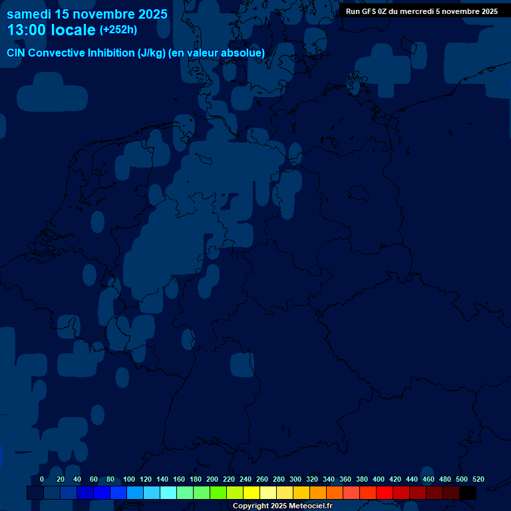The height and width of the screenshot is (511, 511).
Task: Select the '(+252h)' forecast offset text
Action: tap(118, 30)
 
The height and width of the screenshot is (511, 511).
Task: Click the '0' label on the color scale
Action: tap(42, 479)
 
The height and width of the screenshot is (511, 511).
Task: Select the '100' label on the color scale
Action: tap(128, 479)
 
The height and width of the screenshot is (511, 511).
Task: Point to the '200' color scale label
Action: tap(212, 479)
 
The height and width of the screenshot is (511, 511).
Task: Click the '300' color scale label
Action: tap(295, 479)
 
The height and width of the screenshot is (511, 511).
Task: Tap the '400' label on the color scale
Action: tap(379, 479)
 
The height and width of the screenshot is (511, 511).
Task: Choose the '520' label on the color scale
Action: tap(478, 479)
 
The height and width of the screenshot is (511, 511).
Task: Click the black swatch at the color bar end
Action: tap(468, 492)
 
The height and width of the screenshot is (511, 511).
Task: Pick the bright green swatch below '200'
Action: tap(218, 492)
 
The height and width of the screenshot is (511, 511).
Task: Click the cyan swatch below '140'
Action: tap(168, 492)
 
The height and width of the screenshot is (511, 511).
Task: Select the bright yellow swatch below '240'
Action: tap(252, 492)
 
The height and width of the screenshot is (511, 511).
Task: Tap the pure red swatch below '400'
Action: tap(385, 492)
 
